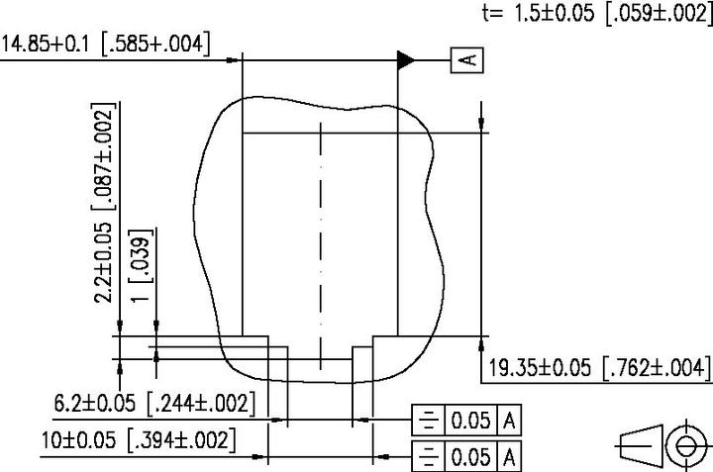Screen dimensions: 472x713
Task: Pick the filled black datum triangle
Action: (406, 60)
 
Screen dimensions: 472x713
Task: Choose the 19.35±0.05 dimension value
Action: (541, 368)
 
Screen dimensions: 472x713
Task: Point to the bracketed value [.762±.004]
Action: (657, 368)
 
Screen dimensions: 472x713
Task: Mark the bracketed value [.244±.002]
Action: (201, 404)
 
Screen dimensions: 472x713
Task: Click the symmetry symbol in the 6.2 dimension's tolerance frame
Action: (428, 421)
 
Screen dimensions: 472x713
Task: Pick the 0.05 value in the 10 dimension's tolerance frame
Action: (470, 458)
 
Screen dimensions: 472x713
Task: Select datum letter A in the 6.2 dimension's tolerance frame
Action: (509, 421)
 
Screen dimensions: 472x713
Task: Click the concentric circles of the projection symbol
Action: (683, 445)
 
